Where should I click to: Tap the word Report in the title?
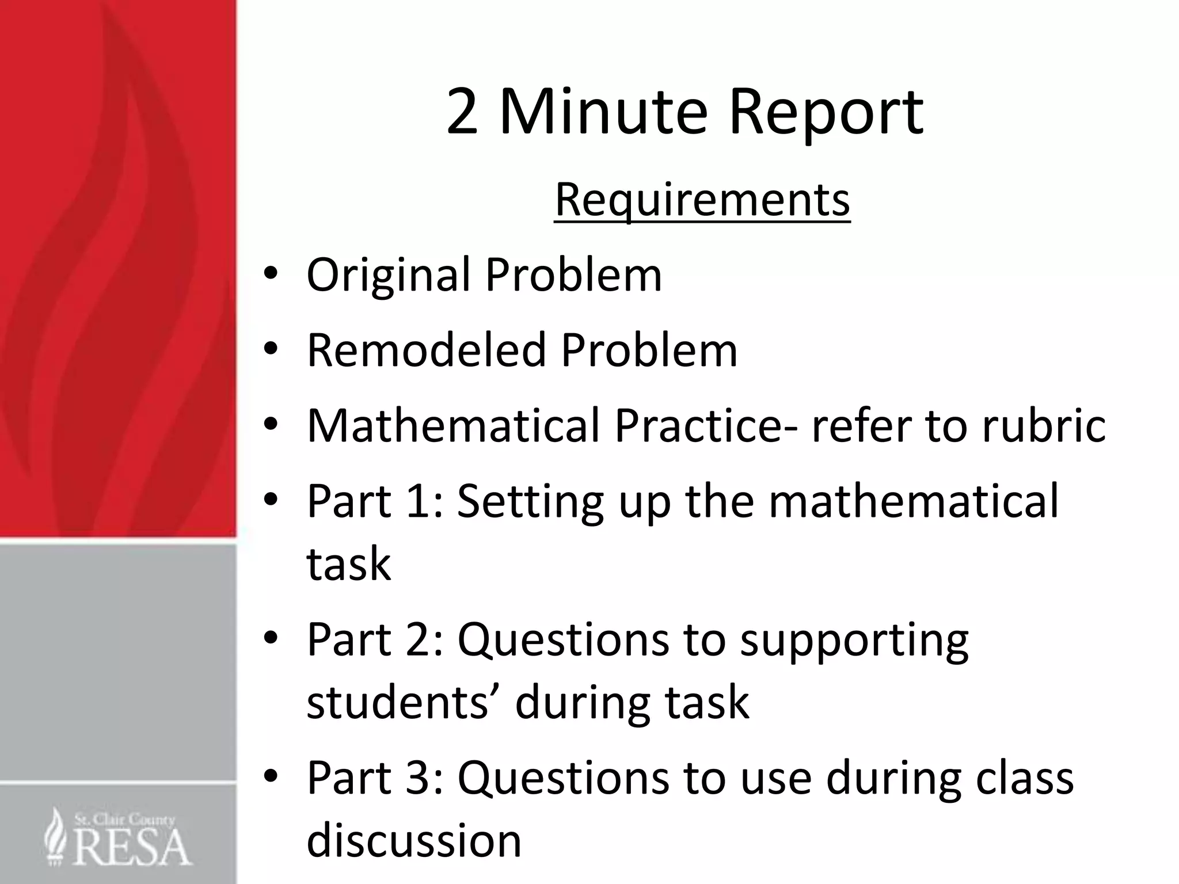tap(827, 113)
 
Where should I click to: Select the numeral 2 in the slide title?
tap(462, 112)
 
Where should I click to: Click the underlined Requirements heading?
tap(702, 200)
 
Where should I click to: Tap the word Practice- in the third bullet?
tap(705, 425)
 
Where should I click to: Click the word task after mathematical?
tap(349, 563)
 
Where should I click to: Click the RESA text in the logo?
tap(132, 847)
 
